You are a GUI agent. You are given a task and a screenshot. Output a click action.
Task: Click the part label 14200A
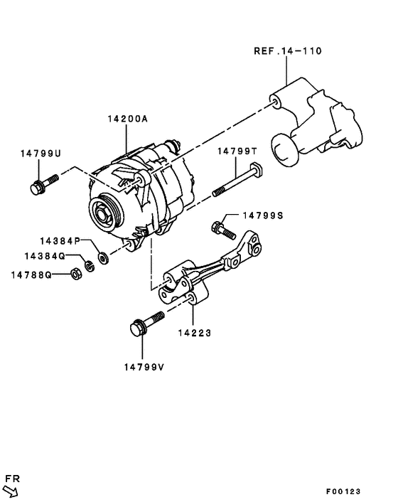pos(128,119)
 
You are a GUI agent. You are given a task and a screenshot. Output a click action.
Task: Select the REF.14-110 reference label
pos(287,51)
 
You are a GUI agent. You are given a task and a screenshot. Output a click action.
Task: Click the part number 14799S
pos(263,215)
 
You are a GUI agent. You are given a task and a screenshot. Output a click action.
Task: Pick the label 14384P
pos(60,241)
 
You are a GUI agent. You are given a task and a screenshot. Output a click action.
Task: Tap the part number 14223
pos(194,331)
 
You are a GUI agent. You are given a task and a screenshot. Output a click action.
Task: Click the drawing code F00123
pos(344,491)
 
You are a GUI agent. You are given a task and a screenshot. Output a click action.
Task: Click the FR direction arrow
pos(11,490)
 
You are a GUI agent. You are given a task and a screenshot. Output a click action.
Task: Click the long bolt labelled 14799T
pos(235,181)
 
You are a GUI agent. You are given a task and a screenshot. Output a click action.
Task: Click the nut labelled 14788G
pos(74,273)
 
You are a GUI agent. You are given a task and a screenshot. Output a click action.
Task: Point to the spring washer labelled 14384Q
pos(90,266)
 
